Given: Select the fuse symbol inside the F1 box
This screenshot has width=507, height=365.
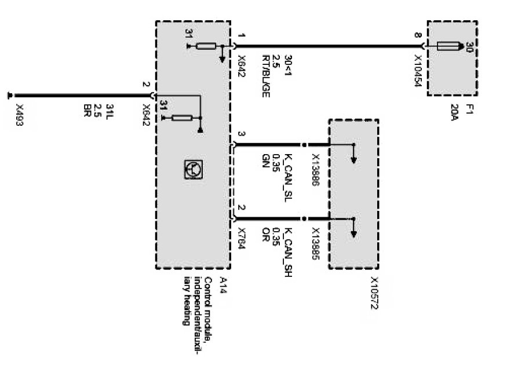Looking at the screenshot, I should coord(449,45).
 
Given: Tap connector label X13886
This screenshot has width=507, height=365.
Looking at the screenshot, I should coord(316,168).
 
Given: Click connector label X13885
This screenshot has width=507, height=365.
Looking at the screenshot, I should coord(316,243).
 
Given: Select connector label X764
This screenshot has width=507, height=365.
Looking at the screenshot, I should coord(243,239).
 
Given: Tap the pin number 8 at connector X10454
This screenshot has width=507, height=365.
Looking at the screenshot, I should coord(418,36).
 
